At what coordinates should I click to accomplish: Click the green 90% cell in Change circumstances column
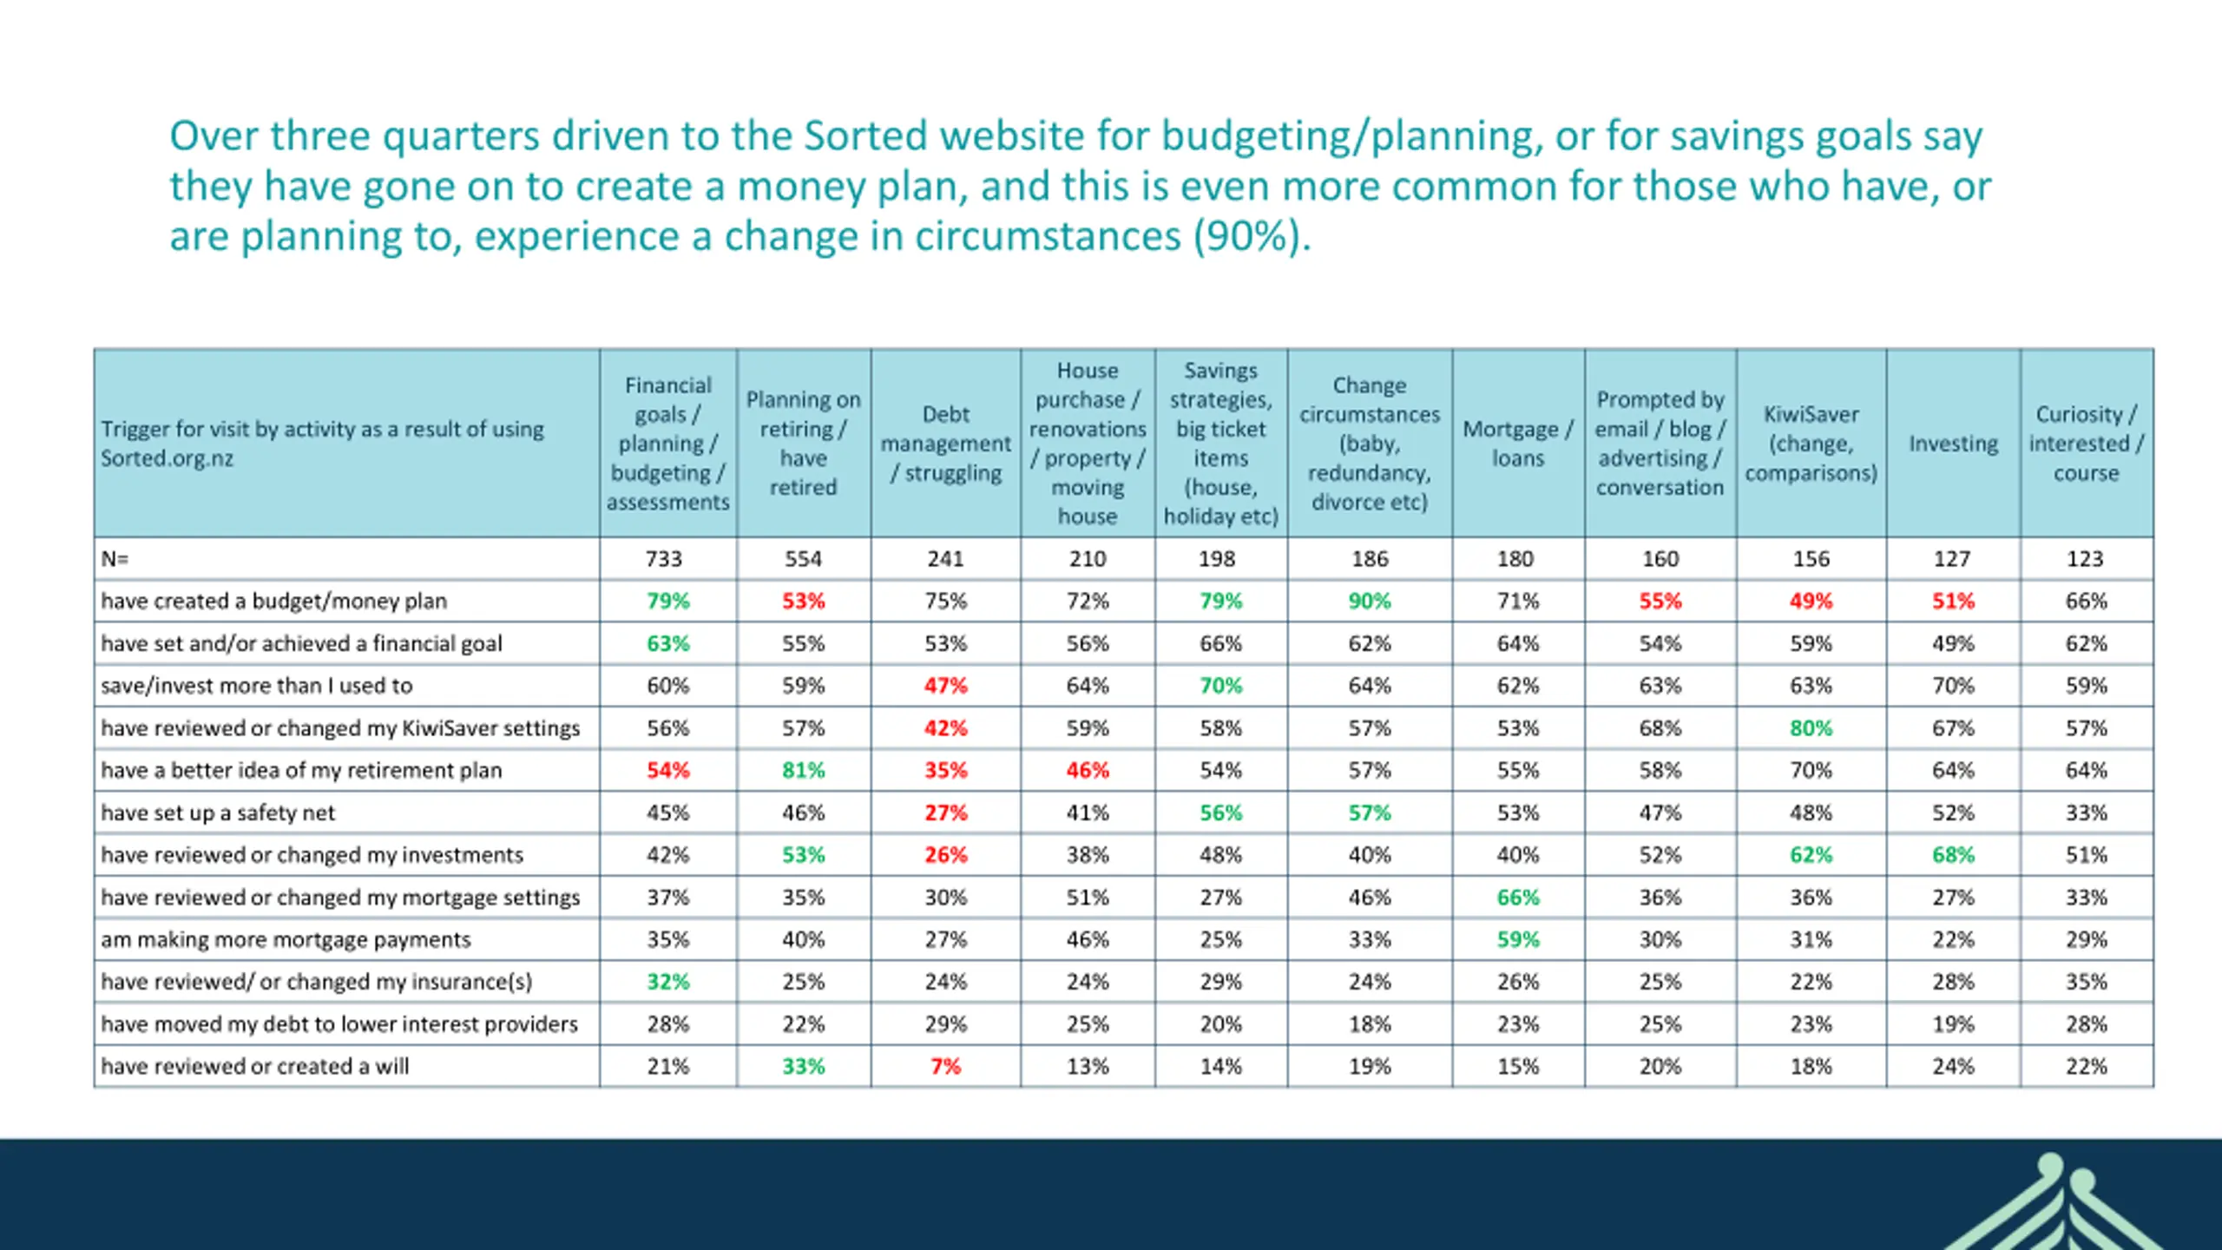[x=1369, y=601]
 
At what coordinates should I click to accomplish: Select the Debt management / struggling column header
[x=945, y=444]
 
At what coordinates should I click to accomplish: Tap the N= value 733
[x=664, y=558]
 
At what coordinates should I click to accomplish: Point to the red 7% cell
[x=945, y=1066]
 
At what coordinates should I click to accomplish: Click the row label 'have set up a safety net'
[x=218, y=812]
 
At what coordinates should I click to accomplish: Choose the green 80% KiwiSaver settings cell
[x=1811, y=727]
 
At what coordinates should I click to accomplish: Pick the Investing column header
[x=1953, y=444]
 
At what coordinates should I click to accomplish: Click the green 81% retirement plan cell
[x=803, y=770]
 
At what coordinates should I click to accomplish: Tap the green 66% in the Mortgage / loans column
[x=1517, y=897]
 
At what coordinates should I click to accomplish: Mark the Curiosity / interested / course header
[x=2086, y=444]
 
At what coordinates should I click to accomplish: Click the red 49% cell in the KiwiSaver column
[x=1811, y=601]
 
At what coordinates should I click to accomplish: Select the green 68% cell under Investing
[x=1953, y=855]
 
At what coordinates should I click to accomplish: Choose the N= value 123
[x=2085, y=558]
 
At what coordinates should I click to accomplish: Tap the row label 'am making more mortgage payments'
[x=286, y=939]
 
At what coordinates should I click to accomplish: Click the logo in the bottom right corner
[x=2066, y=1207]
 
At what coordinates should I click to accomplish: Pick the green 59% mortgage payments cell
[x=1517, y=939]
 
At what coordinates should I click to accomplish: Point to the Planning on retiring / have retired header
[x=803, y=444]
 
